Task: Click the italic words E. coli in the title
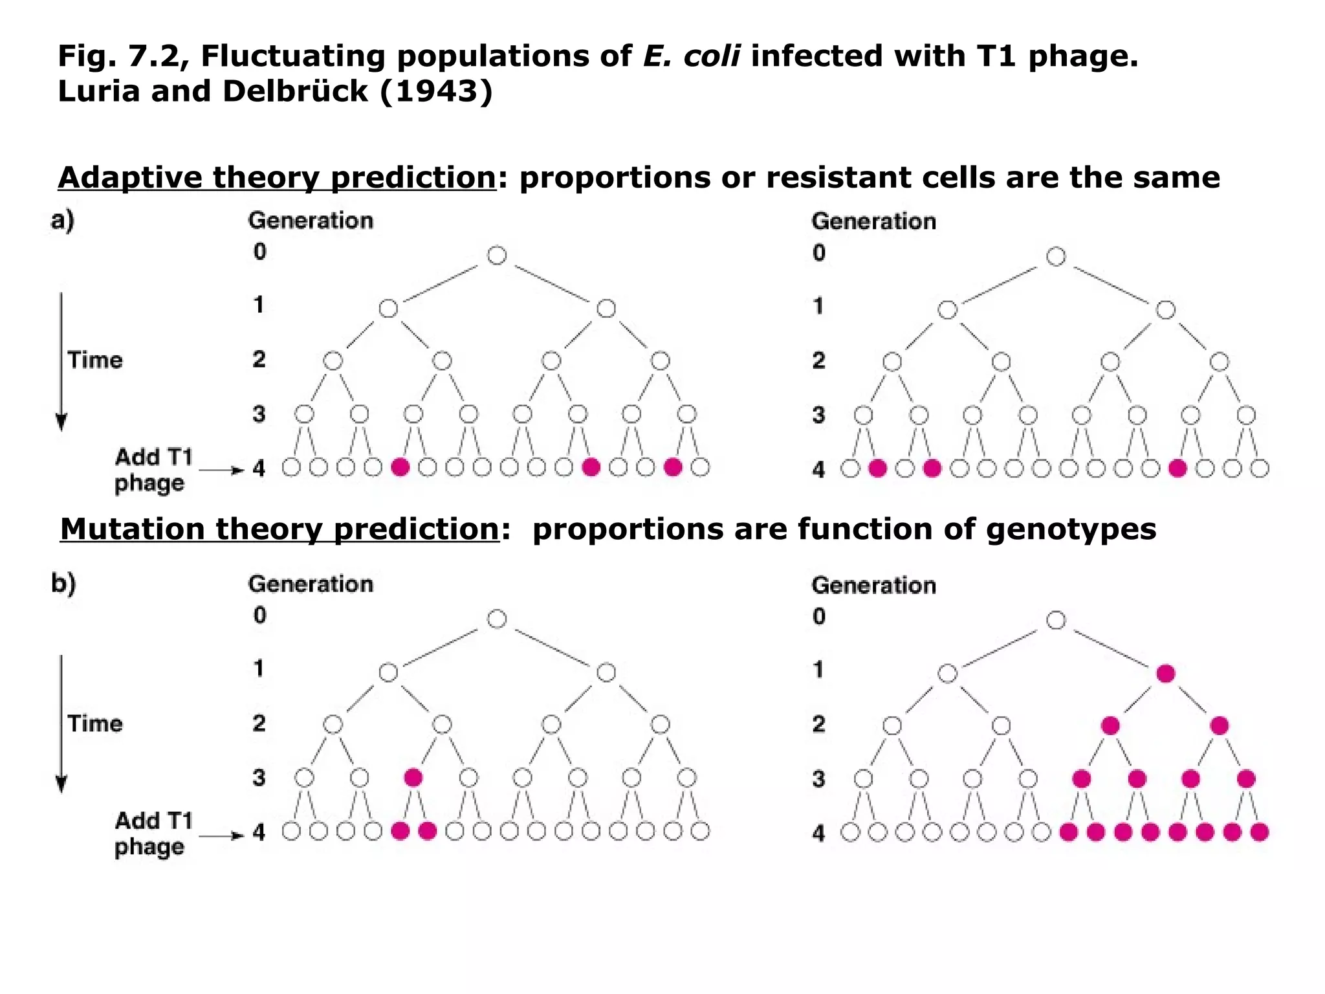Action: pos(691,56)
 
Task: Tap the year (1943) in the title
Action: pos(436,91)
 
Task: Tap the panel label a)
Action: pos(63,221)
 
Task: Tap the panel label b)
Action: pos(63,584)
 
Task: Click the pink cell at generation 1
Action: pos(1165,674)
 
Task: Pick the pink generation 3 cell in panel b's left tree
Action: pos(413,777)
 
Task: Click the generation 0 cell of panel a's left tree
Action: pos(497,256)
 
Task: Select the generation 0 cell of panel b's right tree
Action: pos(1056,620)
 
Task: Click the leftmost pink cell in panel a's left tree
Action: pos(400,467)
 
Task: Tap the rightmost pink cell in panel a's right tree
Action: pos(1177,469)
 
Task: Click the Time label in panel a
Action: pos(95,360)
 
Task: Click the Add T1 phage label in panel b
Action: pos(153,834)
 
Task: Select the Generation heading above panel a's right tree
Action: pos(873,221)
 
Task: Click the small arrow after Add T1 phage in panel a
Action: pos(221,470)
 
